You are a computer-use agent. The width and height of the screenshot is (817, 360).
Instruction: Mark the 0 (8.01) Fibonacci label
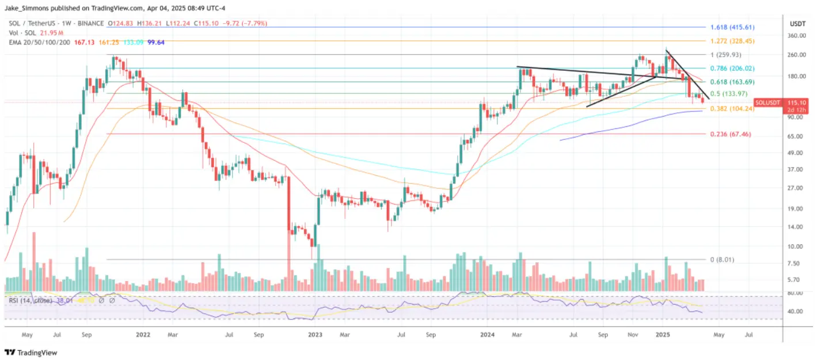coord(723,260)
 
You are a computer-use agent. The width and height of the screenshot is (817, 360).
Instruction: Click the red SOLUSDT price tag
coord(767,102)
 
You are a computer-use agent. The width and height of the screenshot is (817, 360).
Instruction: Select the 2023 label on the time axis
coord(315,334)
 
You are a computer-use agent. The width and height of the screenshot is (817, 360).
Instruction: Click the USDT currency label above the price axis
coord(797,24)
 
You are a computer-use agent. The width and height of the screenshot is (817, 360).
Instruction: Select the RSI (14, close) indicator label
coord(31,300)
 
